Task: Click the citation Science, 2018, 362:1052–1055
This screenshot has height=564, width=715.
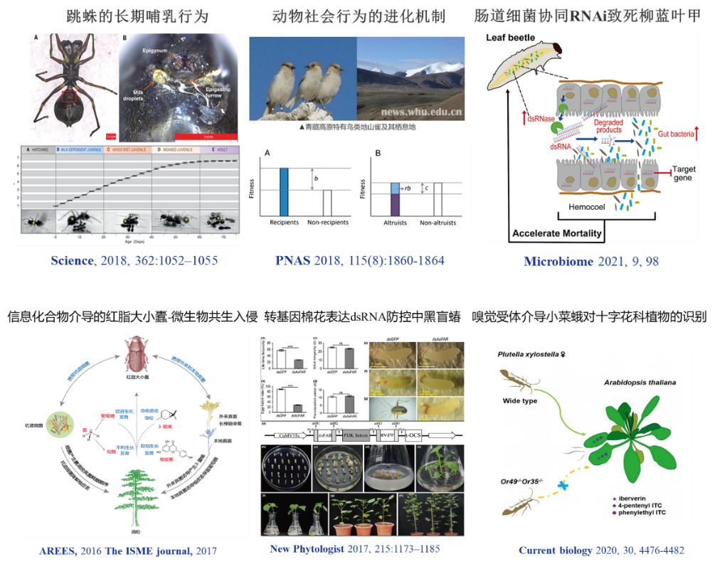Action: point(134,261)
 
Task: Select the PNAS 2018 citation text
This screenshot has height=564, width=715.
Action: point(360,261)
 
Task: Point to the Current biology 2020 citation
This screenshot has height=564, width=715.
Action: point(601,550)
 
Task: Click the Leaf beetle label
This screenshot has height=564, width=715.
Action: point(516,41)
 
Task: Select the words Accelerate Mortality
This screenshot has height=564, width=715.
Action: point(557,233)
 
